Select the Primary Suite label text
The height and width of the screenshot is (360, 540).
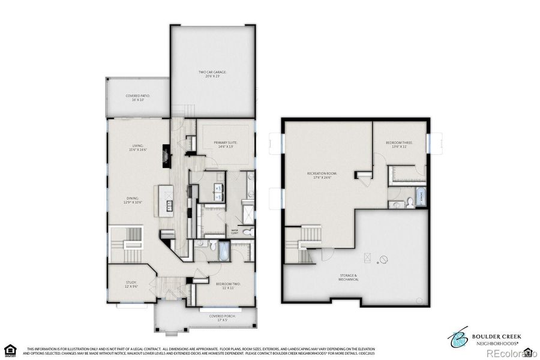(226, 144)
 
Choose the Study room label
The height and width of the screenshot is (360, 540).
(131, 284)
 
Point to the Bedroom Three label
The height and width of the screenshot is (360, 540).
(400, 144)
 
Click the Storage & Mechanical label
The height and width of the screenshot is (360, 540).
(348, 278)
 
